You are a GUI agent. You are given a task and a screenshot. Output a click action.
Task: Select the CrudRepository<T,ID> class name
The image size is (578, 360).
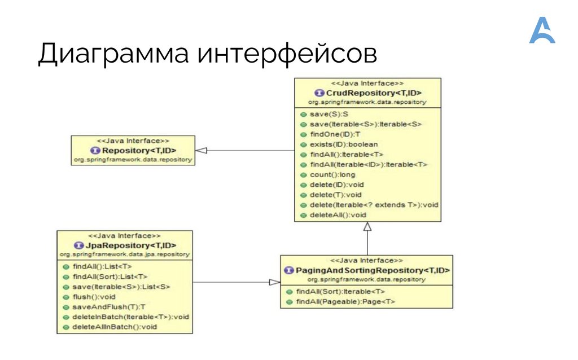372,93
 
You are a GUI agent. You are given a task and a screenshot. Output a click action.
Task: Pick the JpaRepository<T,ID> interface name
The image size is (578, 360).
129,245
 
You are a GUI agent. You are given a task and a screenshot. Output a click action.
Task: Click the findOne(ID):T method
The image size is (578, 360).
335,134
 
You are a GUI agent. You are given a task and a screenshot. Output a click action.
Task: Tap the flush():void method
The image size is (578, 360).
93,296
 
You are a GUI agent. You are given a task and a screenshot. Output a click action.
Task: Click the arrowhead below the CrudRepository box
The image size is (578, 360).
367,227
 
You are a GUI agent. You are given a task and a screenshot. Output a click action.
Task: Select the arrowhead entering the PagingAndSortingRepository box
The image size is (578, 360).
274,282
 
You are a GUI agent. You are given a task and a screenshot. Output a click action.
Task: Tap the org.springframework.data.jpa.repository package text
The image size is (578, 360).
124,254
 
